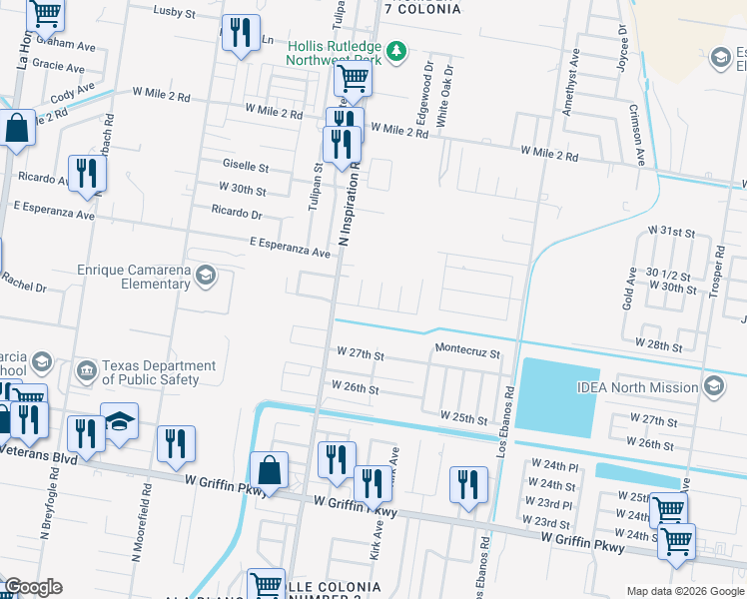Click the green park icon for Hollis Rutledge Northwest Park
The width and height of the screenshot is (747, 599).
coord(396,50)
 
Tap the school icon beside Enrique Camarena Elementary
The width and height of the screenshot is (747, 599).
coord(206,276)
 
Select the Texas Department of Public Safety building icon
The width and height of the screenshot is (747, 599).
coord(88,372)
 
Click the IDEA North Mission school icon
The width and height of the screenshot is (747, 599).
coord(714,386)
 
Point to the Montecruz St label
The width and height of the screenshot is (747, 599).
coord(467,352)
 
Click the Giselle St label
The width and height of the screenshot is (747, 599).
coord(247,167)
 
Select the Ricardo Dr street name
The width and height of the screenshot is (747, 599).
coord(236,213)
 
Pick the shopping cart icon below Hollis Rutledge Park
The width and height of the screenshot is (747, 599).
coord(353,77)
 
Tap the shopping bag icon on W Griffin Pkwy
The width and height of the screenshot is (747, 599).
coord(269,469)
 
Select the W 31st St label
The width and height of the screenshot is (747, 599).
coord(670,231)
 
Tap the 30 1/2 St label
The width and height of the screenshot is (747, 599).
coord(670,273)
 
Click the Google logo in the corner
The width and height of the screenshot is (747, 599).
coord(33,587)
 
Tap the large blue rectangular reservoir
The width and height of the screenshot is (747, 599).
coord(555,397)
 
